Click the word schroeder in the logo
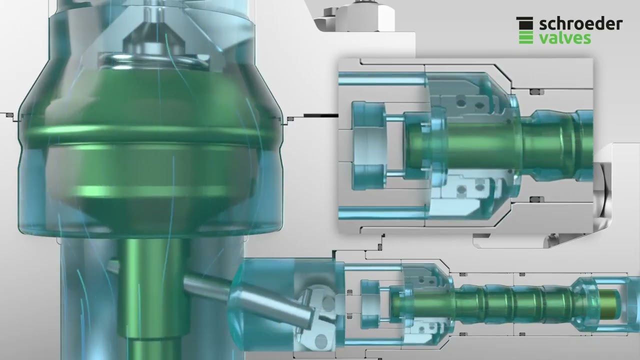pyautogui.click(x=581, y=24)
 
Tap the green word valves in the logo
pyautogui.click(x=565, y=38)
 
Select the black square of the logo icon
pyautogui.click(x=524, y=23)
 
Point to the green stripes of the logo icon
pyautogui.click(x=526, y=37)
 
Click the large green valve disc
pyautogui.click(x=150, y=148)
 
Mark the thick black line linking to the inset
pyautogui.click(x=321, y=115)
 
